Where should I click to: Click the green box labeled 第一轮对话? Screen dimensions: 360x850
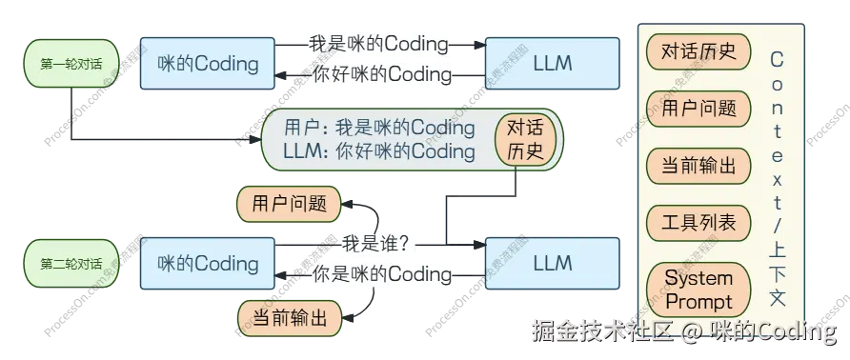[x=71, y=64]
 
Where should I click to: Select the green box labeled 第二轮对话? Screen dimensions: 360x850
[x=71, y=264]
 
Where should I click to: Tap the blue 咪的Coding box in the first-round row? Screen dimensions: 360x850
[x=208, y=64]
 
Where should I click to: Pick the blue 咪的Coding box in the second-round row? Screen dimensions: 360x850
[x=208, y=264]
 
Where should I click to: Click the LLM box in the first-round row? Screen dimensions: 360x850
[x=553, y=64]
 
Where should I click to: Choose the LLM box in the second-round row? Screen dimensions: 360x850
[x=553, y=264]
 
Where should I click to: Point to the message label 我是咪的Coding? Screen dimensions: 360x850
[x=378, y=44]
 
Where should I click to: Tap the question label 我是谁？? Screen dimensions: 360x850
[x=376, y=244]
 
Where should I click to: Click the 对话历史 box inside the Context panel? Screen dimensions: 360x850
[x=698, y=51]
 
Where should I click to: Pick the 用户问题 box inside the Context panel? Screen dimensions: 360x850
[x=698, y=108]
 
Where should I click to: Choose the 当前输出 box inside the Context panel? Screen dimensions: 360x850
[x=698, y=166]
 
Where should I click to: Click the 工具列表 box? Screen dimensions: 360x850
[x=698, y=223]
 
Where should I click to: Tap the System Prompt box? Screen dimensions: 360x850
[x=698, y=290]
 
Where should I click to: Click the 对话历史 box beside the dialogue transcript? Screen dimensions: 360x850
[x=524, y=139]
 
